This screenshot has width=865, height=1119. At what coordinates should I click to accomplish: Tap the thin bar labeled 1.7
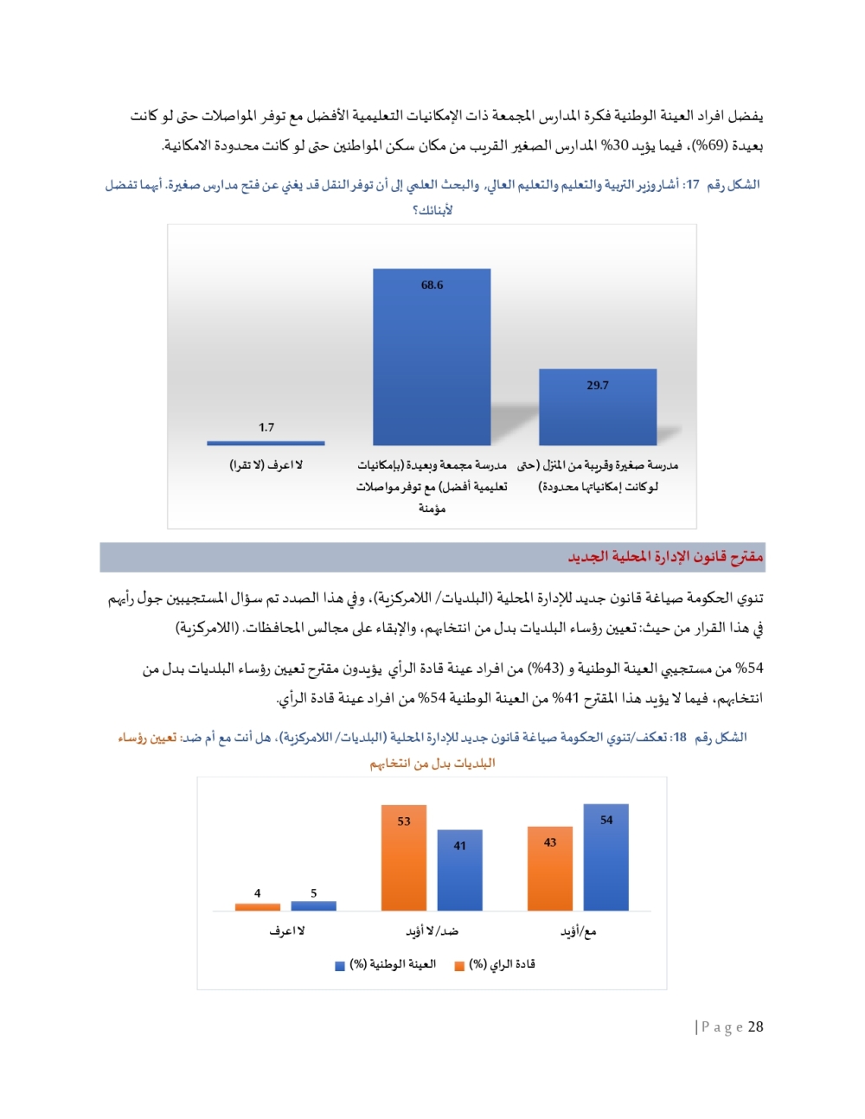coord(266,443)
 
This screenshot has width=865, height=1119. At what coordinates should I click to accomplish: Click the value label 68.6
coord(432,285)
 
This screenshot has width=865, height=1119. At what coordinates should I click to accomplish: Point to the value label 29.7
coord(598,386)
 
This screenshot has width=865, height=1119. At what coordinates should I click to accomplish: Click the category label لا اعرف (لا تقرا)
coord(266,465)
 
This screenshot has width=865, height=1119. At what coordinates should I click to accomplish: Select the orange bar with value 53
coord(404,860)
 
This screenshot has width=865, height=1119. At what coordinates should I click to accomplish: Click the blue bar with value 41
coord(459,872)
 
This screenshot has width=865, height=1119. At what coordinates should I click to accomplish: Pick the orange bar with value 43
coord(550,870)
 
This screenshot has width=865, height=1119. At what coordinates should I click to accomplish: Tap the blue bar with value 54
coord(605,859)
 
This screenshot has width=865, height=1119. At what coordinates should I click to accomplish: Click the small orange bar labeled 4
coord(258,907)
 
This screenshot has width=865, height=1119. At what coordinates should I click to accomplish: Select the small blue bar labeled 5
coord(313,906)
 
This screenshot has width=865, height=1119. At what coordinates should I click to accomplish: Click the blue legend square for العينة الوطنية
coord(340,966)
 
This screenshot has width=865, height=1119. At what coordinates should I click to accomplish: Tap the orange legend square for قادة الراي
coord(459,966)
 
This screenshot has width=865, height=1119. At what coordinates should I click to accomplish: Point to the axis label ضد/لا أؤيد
coord(432,931)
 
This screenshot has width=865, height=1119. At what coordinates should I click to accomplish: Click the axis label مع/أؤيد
coord(578,931)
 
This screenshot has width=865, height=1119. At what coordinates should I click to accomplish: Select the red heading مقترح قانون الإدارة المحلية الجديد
coord(665,557)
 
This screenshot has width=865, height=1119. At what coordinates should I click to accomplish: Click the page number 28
coord(755,1026)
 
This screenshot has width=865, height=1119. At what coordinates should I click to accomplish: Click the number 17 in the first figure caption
coord(691,184)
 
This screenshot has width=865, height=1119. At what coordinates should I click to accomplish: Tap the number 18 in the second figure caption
coord(679,738)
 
